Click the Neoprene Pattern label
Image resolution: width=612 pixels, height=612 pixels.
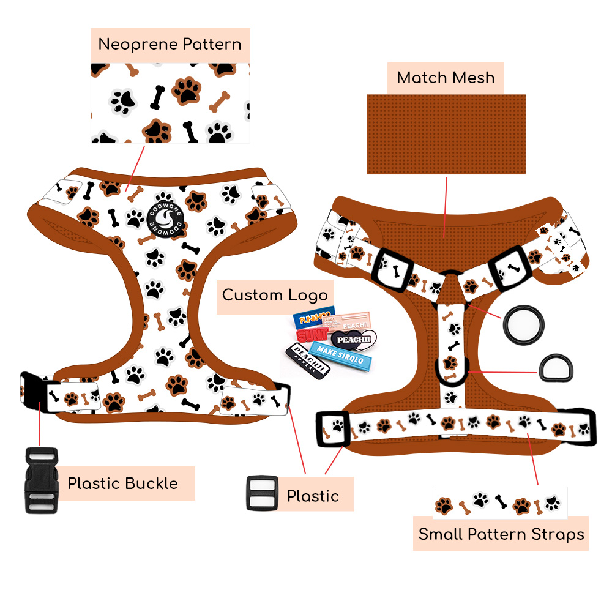point(170,45)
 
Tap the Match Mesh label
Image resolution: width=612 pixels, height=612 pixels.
point(446,78)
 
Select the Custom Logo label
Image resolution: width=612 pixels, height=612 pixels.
point(275,295)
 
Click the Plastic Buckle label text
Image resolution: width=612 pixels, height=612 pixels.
point(123,483)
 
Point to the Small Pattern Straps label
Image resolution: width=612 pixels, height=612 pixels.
point(501,534)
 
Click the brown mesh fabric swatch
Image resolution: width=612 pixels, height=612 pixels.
point(446,133)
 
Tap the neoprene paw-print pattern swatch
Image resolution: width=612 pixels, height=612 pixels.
point(170,103)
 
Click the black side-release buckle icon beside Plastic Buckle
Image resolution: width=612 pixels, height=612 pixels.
point(41,480)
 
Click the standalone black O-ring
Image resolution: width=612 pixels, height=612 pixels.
point(520,326)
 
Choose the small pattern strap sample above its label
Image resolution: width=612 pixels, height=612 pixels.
point(499,504)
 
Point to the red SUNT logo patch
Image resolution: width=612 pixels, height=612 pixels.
point(312,335)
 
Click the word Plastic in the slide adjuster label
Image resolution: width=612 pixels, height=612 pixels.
point(313,496)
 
